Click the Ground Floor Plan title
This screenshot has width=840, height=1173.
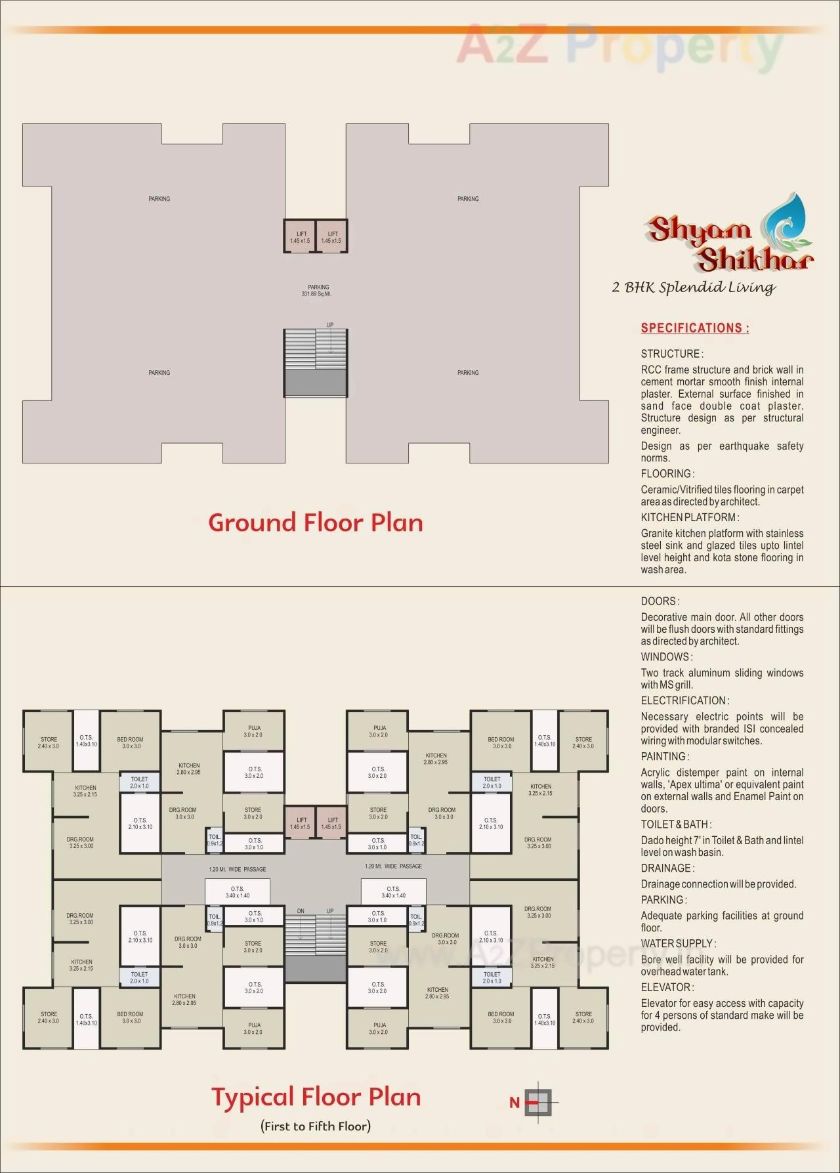[x=315, y=523]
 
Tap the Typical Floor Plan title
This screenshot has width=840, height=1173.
[x=315, y=1097]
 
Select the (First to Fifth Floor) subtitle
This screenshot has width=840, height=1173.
[x=315, y=1126]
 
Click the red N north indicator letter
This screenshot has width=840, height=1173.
[x=514, y=1103]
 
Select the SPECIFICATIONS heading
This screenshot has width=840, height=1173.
[x=694, y=328]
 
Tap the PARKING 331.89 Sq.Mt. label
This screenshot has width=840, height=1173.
[x=318, y=290]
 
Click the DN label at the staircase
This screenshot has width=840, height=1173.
[x=301, y=911]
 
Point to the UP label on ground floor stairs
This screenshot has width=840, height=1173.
[x=330, y=325]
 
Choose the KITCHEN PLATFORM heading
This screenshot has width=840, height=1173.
[x=690, y=517]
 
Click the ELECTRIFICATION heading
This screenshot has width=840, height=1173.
[x=684, y=700]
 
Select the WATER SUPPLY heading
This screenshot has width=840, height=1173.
[x=678, y=943]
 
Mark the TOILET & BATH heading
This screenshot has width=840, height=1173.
[x=676, y=824]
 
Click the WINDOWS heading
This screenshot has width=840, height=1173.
[x=665, y=656]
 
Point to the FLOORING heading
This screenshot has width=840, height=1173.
[x=667, y=473]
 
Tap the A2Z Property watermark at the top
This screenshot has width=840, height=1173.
[x=620, y=45]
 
